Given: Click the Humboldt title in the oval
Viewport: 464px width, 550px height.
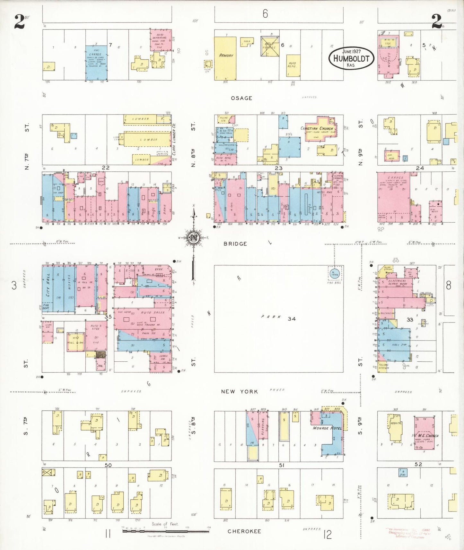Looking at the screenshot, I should point(351,59).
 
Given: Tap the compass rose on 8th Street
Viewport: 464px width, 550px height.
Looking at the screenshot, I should point(194,237).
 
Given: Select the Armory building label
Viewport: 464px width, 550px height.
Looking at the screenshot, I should point(226,56).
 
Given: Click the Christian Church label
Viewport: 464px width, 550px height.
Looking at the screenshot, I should point(317,129).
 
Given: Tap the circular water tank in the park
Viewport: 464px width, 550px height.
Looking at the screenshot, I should point(335,274).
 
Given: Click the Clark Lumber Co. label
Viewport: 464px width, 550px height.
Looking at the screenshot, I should point(174,140).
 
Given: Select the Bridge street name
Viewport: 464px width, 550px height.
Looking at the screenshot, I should point(235,244).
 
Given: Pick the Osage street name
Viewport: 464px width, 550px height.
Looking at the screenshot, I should point(241,98).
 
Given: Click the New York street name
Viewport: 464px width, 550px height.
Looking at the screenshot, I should point(239,391).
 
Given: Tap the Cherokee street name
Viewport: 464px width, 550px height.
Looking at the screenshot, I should point(244,531).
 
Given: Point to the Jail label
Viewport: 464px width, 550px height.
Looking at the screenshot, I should point(100,365).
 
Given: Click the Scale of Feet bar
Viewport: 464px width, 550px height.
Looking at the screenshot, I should point(165,531).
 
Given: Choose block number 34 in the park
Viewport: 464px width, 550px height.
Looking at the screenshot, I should point(292,319).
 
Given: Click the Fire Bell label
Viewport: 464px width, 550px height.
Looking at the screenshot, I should point(334,283).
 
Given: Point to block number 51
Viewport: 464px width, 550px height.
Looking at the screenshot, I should point(282,465).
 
